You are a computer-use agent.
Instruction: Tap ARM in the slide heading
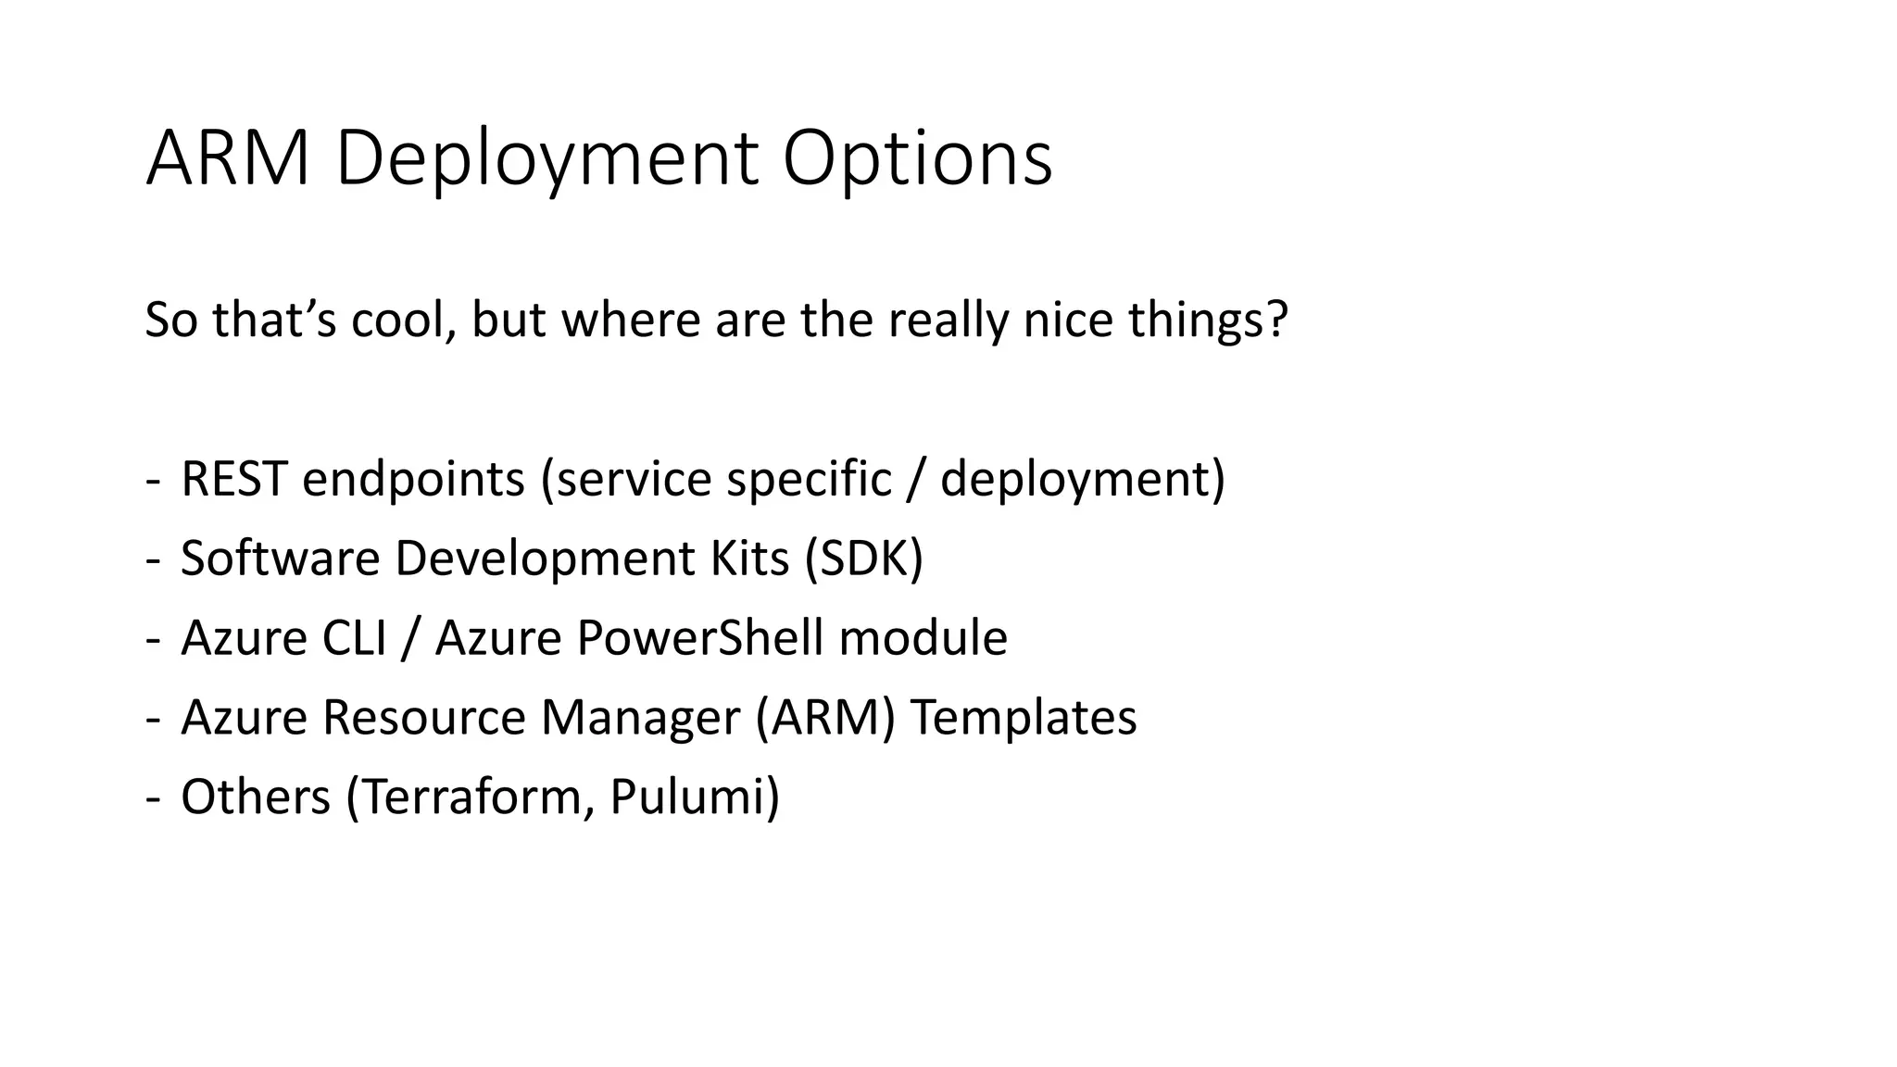pyautogui.click(x=228, y=159)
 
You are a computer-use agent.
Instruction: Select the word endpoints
pyautogui.click(x=413, y=479)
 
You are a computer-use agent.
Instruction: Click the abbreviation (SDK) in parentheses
pyautogui.click(x=863, y=559)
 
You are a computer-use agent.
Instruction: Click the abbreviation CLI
pyautogui.click(x=353, y=638)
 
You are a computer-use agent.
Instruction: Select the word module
pyautogui.click(x=923, y=638)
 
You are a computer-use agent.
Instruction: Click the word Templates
pyautogui.click(x=1024, y=718)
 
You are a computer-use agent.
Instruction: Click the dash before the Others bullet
pyautogui.click(x=152, y=798)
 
